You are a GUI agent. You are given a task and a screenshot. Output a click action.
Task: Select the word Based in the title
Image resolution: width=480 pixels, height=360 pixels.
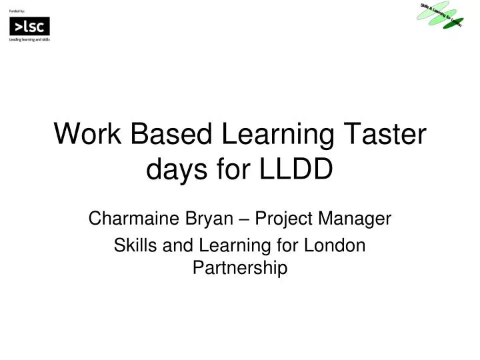170,135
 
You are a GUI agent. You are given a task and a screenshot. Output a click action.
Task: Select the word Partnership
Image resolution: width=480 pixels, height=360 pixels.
240,268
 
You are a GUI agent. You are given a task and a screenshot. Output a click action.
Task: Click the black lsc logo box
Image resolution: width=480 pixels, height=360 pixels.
29,27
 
